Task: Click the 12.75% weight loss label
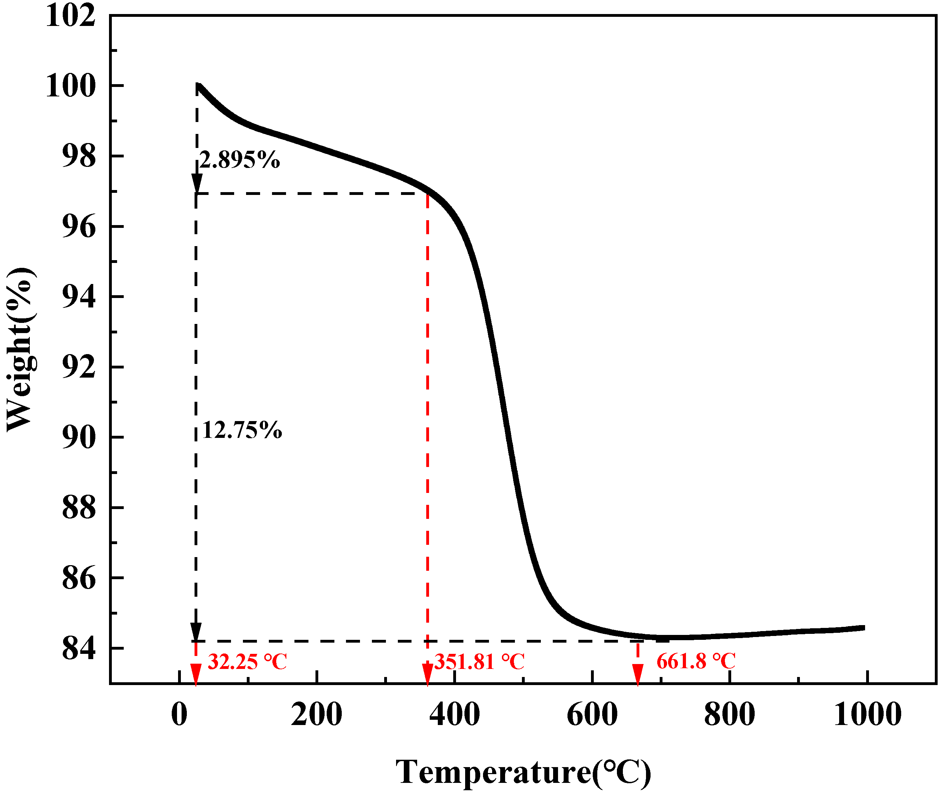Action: pos(242,430)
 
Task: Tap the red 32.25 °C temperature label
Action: pos(247,662)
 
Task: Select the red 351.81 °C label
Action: pos(480,662)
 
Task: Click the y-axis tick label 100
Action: pos(71,86)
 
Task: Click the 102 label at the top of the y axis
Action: pos(71,16)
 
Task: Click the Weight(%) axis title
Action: pos(20,349)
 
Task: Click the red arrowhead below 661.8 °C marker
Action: pos(638,674)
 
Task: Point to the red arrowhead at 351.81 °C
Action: pos(427,674)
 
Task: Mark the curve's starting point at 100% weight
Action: pos(198,85)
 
